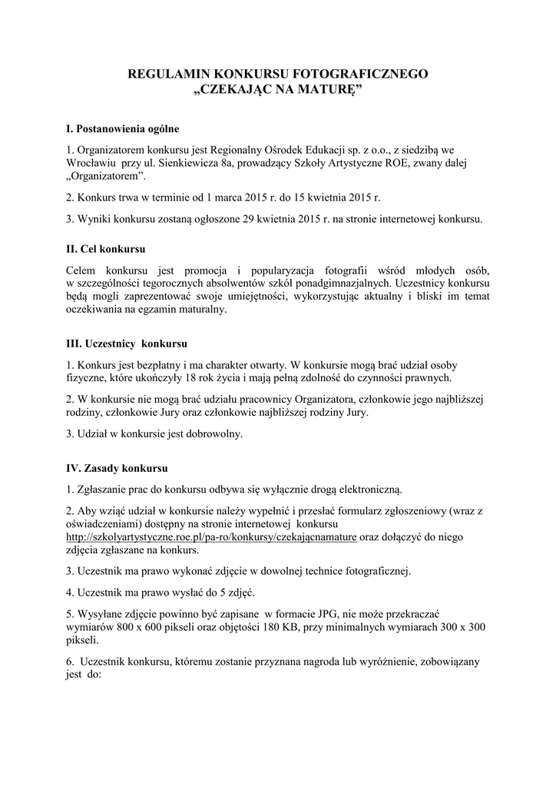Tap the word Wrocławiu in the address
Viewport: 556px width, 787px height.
point(91,163)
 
